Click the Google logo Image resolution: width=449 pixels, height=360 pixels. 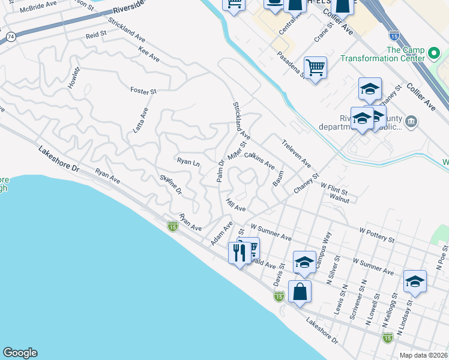pyautogui.click(x=20, y=353)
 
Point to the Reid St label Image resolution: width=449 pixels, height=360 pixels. pyautogui.click(x=95, y=36)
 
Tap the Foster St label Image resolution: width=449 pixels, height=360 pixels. pyautogui.click(x=143, y=91)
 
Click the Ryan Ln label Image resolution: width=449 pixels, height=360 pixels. pyautogui.click(x=188, y=161)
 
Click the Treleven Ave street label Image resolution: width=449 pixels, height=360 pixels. pyautogui.click(x=297, y=153)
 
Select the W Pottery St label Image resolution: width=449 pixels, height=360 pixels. pyautogui.click(x=376, y=235)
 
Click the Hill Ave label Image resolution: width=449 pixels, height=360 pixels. pyautogui.click(x=236, y=205)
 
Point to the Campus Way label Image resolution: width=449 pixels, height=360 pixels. pyautogui.click(x=324, y=246)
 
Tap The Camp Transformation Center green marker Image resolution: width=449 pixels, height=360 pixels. pyautogui.click(x=435, y=57)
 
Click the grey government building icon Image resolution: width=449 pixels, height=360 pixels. pyautogui.click(x=411, y=122)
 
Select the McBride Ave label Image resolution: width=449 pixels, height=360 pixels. pyautogui.click(x=37, y=8)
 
